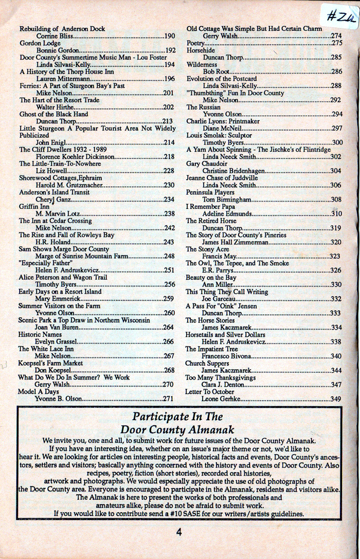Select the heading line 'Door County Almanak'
tap(178, 429)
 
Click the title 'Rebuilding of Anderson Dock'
tap(62, 29)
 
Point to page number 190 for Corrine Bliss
tap(170, 36)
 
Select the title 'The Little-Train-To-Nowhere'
tap(60, 164)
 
